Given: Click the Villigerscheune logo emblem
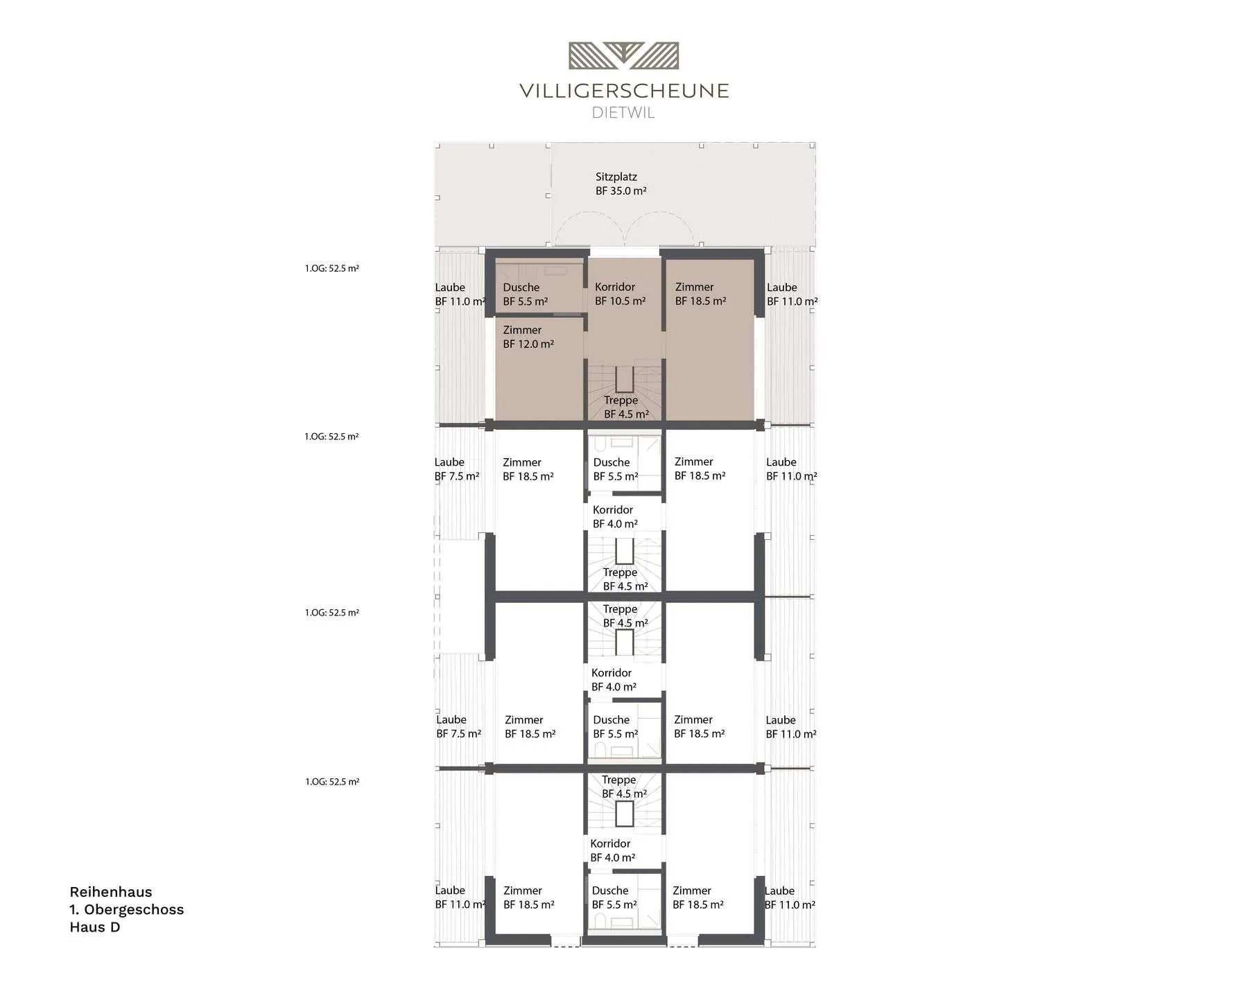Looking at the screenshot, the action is coord(623,55).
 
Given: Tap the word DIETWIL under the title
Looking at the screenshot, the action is coord(623,113).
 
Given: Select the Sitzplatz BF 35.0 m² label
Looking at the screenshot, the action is coord(621,184).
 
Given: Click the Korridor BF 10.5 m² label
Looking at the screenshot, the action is coord(620,294).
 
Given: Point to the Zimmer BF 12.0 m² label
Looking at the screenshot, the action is coord(528,337).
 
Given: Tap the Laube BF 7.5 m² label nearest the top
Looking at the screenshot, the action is coord(457,469).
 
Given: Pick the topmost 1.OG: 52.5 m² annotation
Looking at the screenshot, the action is coord(332,268).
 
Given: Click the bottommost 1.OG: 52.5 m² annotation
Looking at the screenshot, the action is coord(332,782).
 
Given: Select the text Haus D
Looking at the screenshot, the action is coord(95,927).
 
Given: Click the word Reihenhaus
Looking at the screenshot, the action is coord(111,892).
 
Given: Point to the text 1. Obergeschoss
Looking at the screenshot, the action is coord(127,909).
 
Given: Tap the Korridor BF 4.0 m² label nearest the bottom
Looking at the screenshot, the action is coord(612,850).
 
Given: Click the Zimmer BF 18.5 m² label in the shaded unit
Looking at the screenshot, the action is coord(700,294).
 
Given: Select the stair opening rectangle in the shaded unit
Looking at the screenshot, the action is coord(624,380).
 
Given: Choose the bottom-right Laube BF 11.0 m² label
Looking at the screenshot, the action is coord(790,898).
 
